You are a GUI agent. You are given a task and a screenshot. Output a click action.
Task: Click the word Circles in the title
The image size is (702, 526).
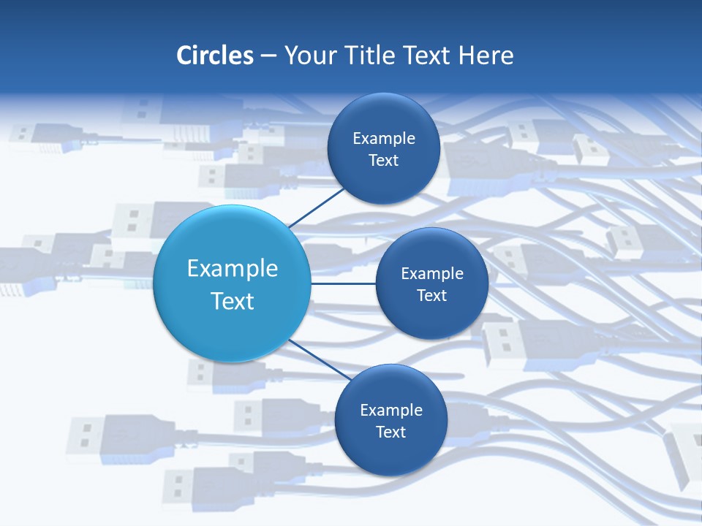tap(215, 56)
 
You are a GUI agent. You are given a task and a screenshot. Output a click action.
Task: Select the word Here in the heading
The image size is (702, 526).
tap(486, 56)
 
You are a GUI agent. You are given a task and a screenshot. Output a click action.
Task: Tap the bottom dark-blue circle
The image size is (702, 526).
tap(390, 453)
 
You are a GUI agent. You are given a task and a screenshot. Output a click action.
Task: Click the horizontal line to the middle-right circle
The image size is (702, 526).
tap(344, 283)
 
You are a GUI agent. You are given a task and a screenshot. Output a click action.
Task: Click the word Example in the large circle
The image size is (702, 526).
tap(233, 269)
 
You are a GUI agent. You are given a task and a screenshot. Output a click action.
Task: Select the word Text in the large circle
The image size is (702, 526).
tap(233, 301)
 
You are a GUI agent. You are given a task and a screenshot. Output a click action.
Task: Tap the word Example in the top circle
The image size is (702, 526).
tap(384, 138)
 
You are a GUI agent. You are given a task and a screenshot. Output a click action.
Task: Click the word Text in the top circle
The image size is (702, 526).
tap(384, 160)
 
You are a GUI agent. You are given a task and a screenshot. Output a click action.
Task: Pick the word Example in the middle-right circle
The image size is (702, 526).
tap(432, 273)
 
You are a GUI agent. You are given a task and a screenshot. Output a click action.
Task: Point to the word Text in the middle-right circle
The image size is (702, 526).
tap(432, 295)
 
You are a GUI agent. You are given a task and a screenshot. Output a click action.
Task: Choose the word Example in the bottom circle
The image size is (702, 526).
tap(391, 410)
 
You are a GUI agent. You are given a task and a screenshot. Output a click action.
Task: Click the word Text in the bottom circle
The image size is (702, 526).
tap(391, 432)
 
